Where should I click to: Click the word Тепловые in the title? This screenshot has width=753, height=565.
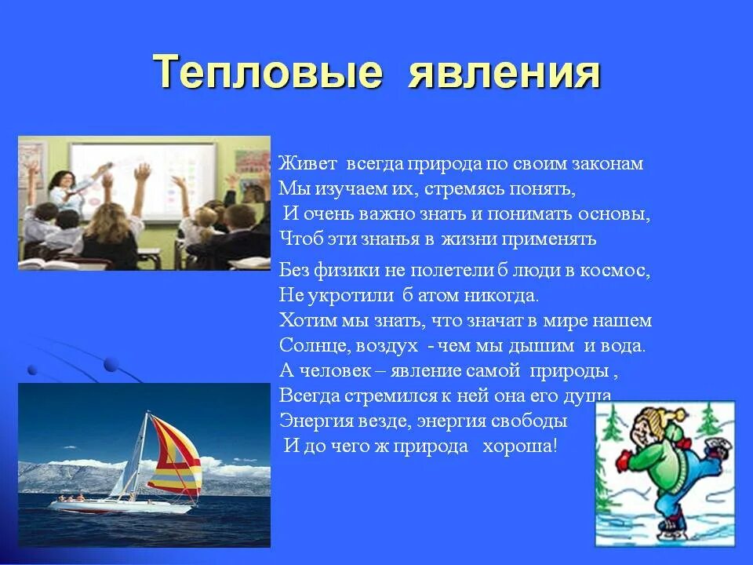[x=268, y=71]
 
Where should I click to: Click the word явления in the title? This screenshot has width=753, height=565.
[x=504, y=73]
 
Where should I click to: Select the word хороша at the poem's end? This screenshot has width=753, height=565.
[x=519, y=447]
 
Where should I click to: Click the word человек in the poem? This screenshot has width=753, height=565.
[x=335, y=371]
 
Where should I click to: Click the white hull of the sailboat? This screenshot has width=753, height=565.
[x=120, y=506]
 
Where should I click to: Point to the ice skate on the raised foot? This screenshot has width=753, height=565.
[x=716, y=450]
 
